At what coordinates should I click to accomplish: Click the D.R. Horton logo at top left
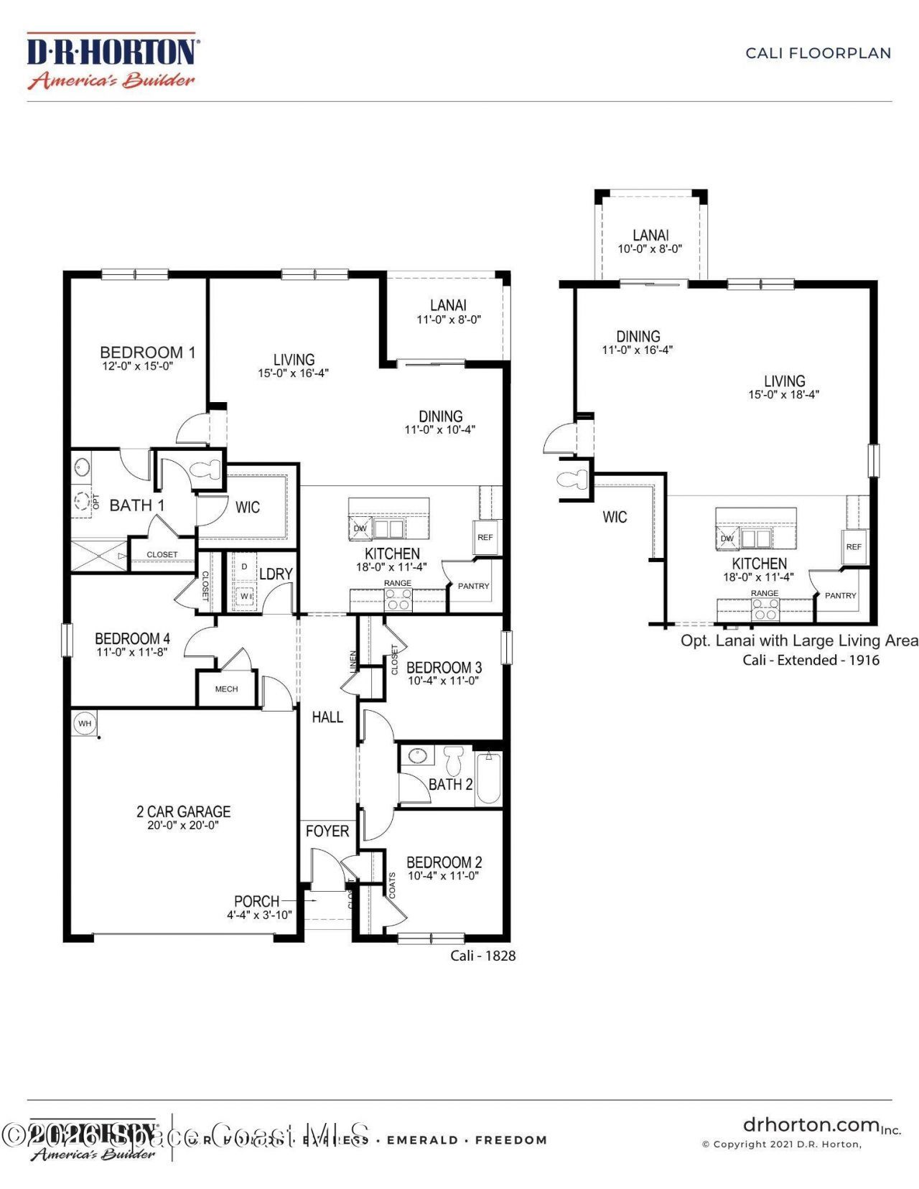(x=112, y=60)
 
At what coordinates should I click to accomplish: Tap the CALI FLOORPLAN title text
(x=818, y=53)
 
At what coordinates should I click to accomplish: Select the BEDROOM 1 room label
(x=147, y=353)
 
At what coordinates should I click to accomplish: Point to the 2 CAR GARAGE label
(x=183, y=812)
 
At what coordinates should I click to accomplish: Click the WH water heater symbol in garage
(x=85, y=723)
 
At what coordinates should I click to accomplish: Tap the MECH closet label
(x=226, y=689)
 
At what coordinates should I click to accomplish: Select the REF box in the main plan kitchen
(x=485, y=537)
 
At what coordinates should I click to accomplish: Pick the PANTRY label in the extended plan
(x=840, y=595)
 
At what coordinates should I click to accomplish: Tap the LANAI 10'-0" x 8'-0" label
(x=650, y=241)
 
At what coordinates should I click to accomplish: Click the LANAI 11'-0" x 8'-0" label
(x=448, y=312)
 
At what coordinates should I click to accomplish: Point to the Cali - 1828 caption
(x=482, y=956)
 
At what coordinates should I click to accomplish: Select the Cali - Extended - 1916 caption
(x=811, y=660)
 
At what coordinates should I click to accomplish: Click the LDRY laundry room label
(x=276, y=574)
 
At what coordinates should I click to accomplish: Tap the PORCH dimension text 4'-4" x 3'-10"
(x=259, y=915)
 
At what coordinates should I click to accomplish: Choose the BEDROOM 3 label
(x=444, y=668)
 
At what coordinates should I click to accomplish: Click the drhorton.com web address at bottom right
(x=811, y=1124)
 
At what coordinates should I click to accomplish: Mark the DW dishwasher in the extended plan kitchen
(x=727, y=538)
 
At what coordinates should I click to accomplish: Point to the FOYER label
(x=327, y=831)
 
